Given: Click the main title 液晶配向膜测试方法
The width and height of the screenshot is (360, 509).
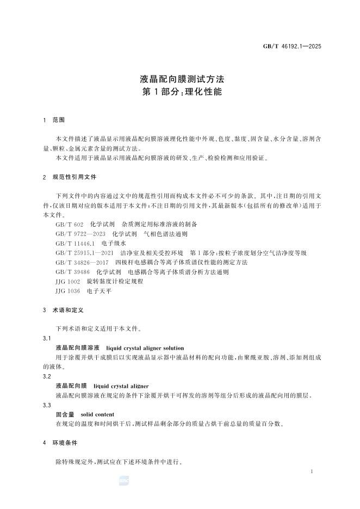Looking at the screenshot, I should tap(179, 79).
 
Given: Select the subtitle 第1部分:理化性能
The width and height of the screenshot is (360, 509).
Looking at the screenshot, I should tap(179, 92).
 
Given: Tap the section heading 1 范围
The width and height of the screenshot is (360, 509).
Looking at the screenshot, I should tap(54, 120).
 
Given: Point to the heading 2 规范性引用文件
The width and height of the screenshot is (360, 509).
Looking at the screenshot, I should tap(70, 177).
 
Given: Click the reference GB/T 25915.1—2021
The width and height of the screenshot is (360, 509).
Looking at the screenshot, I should tap(84, 253).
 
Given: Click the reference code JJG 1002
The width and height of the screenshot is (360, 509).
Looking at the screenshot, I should tap(68, 281).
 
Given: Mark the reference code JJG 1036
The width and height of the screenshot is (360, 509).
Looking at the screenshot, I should tap(68, 291).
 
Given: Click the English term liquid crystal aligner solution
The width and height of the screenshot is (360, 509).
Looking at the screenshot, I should tap(145, 348).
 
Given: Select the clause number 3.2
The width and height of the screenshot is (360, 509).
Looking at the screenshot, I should tap(47, 376).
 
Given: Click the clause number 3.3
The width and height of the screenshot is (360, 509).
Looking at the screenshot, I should tap(47, 405).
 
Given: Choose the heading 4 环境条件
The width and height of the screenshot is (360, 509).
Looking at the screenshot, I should tap(61, 443).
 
